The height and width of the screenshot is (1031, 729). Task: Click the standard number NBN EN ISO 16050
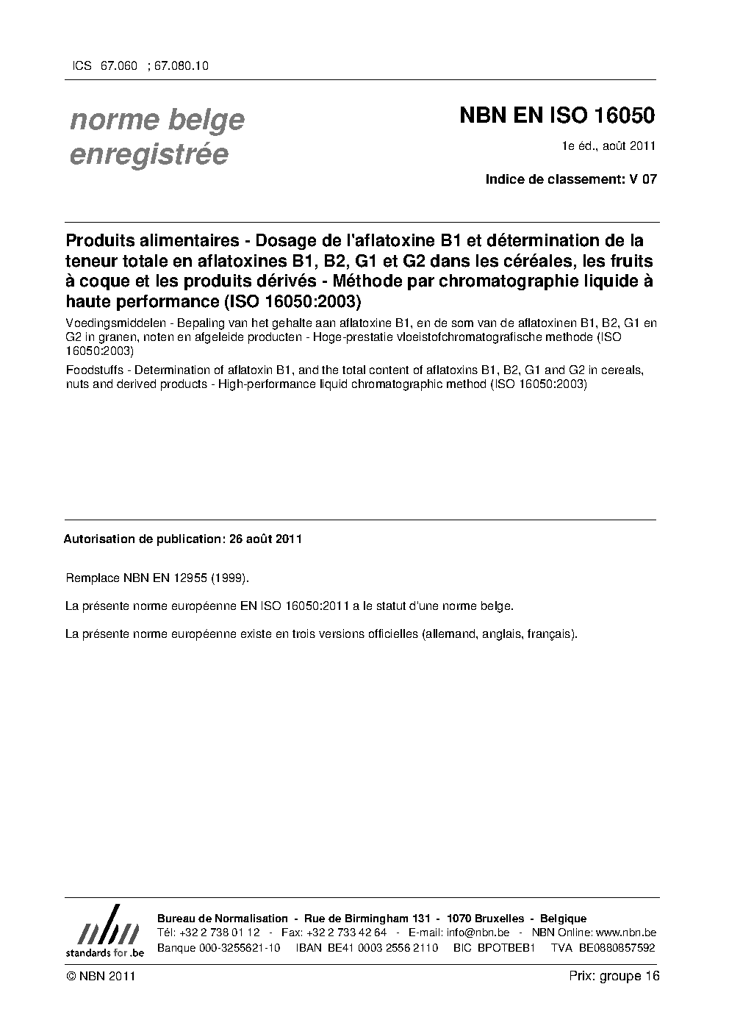(557, 116)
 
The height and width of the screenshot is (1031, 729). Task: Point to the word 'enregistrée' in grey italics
(148, 155)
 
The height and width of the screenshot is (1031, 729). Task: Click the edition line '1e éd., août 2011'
(608, 146)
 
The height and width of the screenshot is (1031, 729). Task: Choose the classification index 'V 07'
(643, 179)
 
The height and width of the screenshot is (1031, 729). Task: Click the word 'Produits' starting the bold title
(99, 241)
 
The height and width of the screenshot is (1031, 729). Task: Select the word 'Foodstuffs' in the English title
(93, 370)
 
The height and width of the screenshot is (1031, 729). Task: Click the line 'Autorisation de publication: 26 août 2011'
(183, 539)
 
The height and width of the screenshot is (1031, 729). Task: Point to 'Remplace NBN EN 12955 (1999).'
(157, 578)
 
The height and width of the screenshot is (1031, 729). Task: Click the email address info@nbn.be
(478, 933)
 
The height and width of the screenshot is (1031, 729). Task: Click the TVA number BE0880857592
(617, 947)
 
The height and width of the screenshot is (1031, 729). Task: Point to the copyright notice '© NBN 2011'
(100, 976)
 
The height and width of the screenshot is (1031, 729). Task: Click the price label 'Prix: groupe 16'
(614, 976)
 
